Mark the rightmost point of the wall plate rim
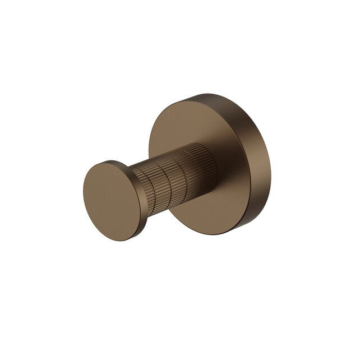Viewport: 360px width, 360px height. coord(272,163)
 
